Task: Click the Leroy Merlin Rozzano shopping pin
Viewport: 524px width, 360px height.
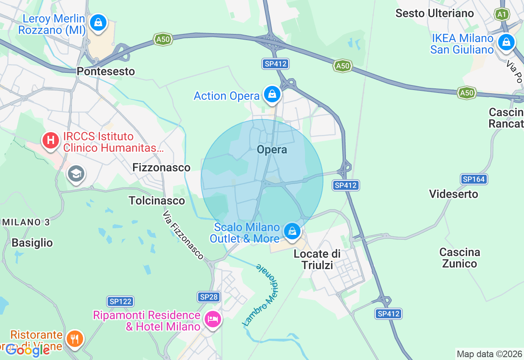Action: click(x=98, y=22)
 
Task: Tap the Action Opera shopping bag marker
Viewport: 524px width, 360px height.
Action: click(x=272, y=94)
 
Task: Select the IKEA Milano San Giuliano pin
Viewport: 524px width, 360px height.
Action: click(x=506, y=42)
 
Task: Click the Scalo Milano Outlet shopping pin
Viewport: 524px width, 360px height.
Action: click(x=292, y=232)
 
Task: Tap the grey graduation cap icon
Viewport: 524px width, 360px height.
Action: click(x=76, y=174)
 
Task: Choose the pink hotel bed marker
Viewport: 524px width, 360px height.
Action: click(x=213, y=319)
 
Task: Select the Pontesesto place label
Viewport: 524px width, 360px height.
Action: click(x=106, y=71)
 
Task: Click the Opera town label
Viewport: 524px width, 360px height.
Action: click(x=272, y=150)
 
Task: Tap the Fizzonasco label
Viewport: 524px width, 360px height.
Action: click(x=161, y=167)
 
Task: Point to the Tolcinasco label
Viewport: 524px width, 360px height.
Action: click(x=157, y=200)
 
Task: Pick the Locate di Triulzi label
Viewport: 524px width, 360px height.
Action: click(x=317, y=259)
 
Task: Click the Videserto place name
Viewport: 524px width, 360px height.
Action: click(x=454, y=193)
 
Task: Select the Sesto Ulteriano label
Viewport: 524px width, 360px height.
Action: click(x=434, y=13)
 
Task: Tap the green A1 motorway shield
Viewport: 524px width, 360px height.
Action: click(x=502, y=15)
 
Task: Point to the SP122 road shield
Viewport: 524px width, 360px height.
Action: click(x=120, y=301)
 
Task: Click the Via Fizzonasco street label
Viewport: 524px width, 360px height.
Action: click(x=183, y=235)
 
